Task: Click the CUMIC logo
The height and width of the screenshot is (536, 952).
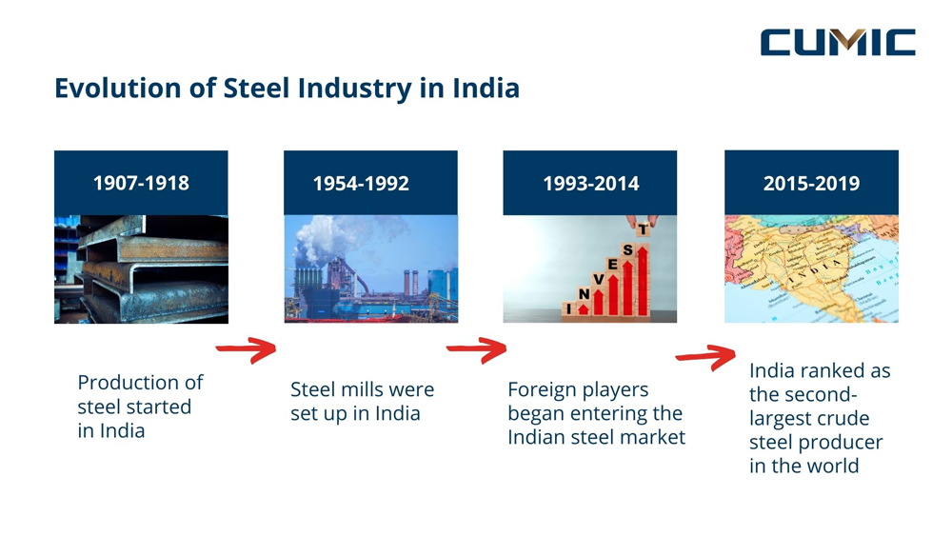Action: (837, 42)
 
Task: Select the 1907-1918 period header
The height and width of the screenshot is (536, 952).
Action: (141, 183)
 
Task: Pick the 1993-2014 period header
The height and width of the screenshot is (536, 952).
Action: (590, 183)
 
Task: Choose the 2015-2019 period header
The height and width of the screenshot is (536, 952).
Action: (811, 183)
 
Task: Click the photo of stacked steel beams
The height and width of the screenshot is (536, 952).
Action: (141, 268)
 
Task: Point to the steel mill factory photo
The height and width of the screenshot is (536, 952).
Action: (370, 268)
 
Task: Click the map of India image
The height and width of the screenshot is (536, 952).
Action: (811, 268)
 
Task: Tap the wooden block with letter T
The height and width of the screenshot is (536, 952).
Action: (643, 229)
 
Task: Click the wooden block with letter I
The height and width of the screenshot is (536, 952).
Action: (568, 308)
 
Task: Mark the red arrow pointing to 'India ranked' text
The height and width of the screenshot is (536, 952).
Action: (705, 357)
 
